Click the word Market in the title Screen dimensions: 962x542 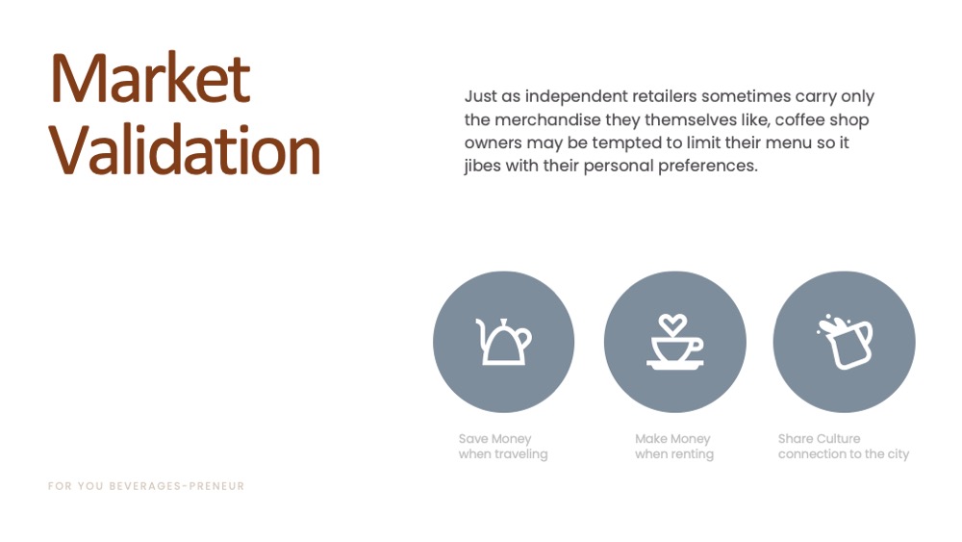(151, 79)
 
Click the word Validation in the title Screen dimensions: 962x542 (185, 149)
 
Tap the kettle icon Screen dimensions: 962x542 (504, 342)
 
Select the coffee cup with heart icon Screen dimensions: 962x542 (675, 342)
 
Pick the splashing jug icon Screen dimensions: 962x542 (845, 342)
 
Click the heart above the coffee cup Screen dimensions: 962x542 (673, 324)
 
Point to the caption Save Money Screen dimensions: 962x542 (494, 439)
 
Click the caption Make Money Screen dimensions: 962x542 (672, 439)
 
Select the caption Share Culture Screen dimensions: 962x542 (819, 438)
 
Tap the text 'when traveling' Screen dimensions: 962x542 (503, 454)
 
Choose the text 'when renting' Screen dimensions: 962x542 (674, 454)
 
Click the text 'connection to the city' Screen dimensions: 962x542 (844, 454)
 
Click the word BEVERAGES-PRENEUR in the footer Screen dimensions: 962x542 (177, 486)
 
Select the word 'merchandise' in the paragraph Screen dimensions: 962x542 (548, 119)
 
